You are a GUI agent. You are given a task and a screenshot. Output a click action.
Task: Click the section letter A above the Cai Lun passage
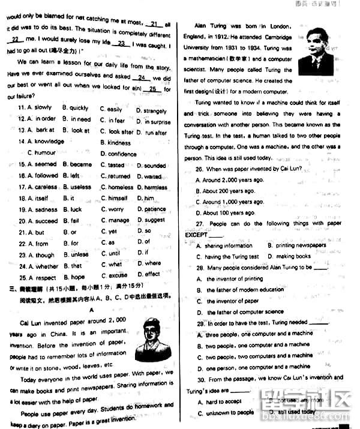click(x=92, y=310)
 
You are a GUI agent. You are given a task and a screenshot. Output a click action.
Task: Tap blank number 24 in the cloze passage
click(x=141, y=77)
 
